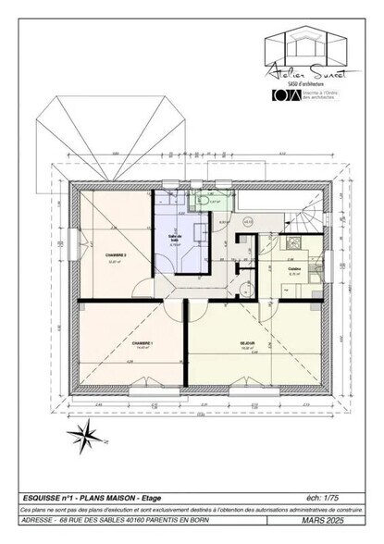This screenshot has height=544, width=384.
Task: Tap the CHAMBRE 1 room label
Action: [142, 343]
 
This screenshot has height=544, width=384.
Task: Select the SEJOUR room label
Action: [247, 343]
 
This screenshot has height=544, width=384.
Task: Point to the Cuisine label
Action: [295, 269]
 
